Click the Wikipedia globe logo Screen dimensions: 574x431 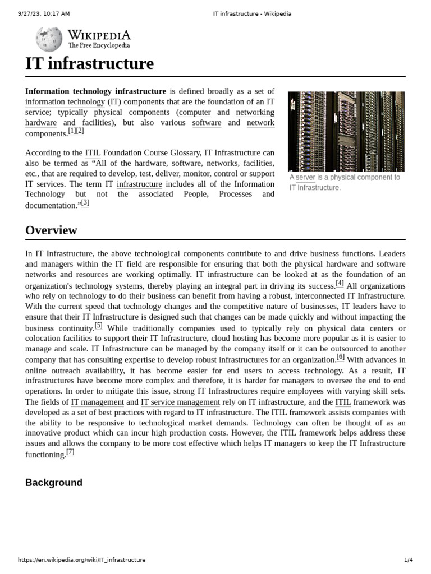pos(49,39)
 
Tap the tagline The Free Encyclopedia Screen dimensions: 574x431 pos(99,45)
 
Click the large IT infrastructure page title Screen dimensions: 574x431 pos(89,64)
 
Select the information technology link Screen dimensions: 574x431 pos(65,102)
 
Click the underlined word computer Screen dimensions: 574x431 pos(195,112)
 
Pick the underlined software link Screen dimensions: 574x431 pos(207,123)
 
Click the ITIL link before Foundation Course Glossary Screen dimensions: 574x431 pos(93,152)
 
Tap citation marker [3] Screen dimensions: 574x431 pos(85,203)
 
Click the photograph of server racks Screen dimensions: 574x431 pos(346,131)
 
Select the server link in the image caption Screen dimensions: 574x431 pos(305,178)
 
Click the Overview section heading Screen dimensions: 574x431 pos(51,230)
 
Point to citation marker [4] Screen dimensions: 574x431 pos(340,283)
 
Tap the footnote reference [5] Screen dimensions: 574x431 pos(99,326)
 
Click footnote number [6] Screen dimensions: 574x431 pos(341,357)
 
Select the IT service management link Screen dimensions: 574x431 pos(180,402)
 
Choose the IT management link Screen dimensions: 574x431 pos(97,402)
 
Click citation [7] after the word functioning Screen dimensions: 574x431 pos(70,452)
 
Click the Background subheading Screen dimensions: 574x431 pos(54,483)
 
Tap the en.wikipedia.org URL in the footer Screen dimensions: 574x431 pos(82,560)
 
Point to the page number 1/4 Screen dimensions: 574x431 pos(408,560)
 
